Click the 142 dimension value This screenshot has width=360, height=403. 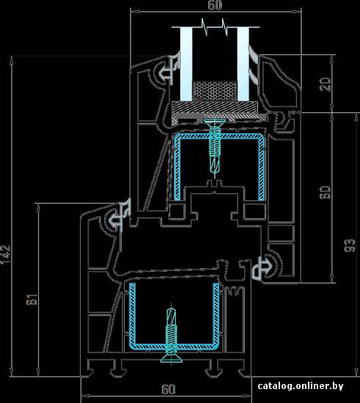[x=6, y=254]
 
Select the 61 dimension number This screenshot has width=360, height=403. [x=32, y=299]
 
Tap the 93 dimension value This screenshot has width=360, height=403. [x=349, y=245]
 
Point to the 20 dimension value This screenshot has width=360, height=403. [x=326, y=84]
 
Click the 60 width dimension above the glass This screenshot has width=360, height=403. [x=215, y=5]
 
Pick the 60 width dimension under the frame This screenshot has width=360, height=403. [x=169, y=389]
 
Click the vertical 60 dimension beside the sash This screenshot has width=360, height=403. [x=325, y=192]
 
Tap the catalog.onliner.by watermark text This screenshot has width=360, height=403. [x=301, y=385]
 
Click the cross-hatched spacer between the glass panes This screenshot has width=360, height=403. [x=215, y=91]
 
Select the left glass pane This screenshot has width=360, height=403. [x=186, y=64]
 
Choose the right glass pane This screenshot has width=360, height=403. [x=243, y=64]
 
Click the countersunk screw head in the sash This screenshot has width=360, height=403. [x=214, y=122]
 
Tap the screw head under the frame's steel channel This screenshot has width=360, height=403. [x=172, y=358]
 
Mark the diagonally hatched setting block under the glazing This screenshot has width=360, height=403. [x=214, y=107]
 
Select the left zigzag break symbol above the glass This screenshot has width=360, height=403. [x=205, y=26]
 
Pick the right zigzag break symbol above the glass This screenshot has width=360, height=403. [x=225, y=26]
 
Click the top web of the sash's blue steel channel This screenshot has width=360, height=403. [x=219, y=136]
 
